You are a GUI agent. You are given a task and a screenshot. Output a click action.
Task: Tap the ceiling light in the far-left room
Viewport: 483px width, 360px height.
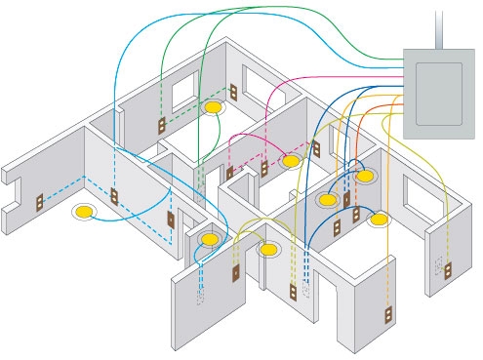pos(87,210)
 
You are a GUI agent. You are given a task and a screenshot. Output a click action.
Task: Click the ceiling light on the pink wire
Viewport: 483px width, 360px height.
pos(290,160)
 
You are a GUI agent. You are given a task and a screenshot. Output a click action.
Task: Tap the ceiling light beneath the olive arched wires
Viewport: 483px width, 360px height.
pos(268,250)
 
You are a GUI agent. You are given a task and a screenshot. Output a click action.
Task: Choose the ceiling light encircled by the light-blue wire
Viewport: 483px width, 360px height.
pos(207,238)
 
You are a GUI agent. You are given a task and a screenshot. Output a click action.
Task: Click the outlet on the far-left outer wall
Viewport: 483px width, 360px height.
pos(40,204)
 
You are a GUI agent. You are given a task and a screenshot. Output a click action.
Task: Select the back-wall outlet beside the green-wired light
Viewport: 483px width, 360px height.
pos(234,93)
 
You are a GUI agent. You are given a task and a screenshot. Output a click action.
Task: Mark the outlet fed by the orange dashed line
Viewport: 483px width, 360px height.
pos(356,214)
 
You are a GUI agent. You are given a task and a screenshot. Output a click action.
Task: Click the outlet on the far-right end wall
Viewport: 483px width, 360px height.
pos(449,268)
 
